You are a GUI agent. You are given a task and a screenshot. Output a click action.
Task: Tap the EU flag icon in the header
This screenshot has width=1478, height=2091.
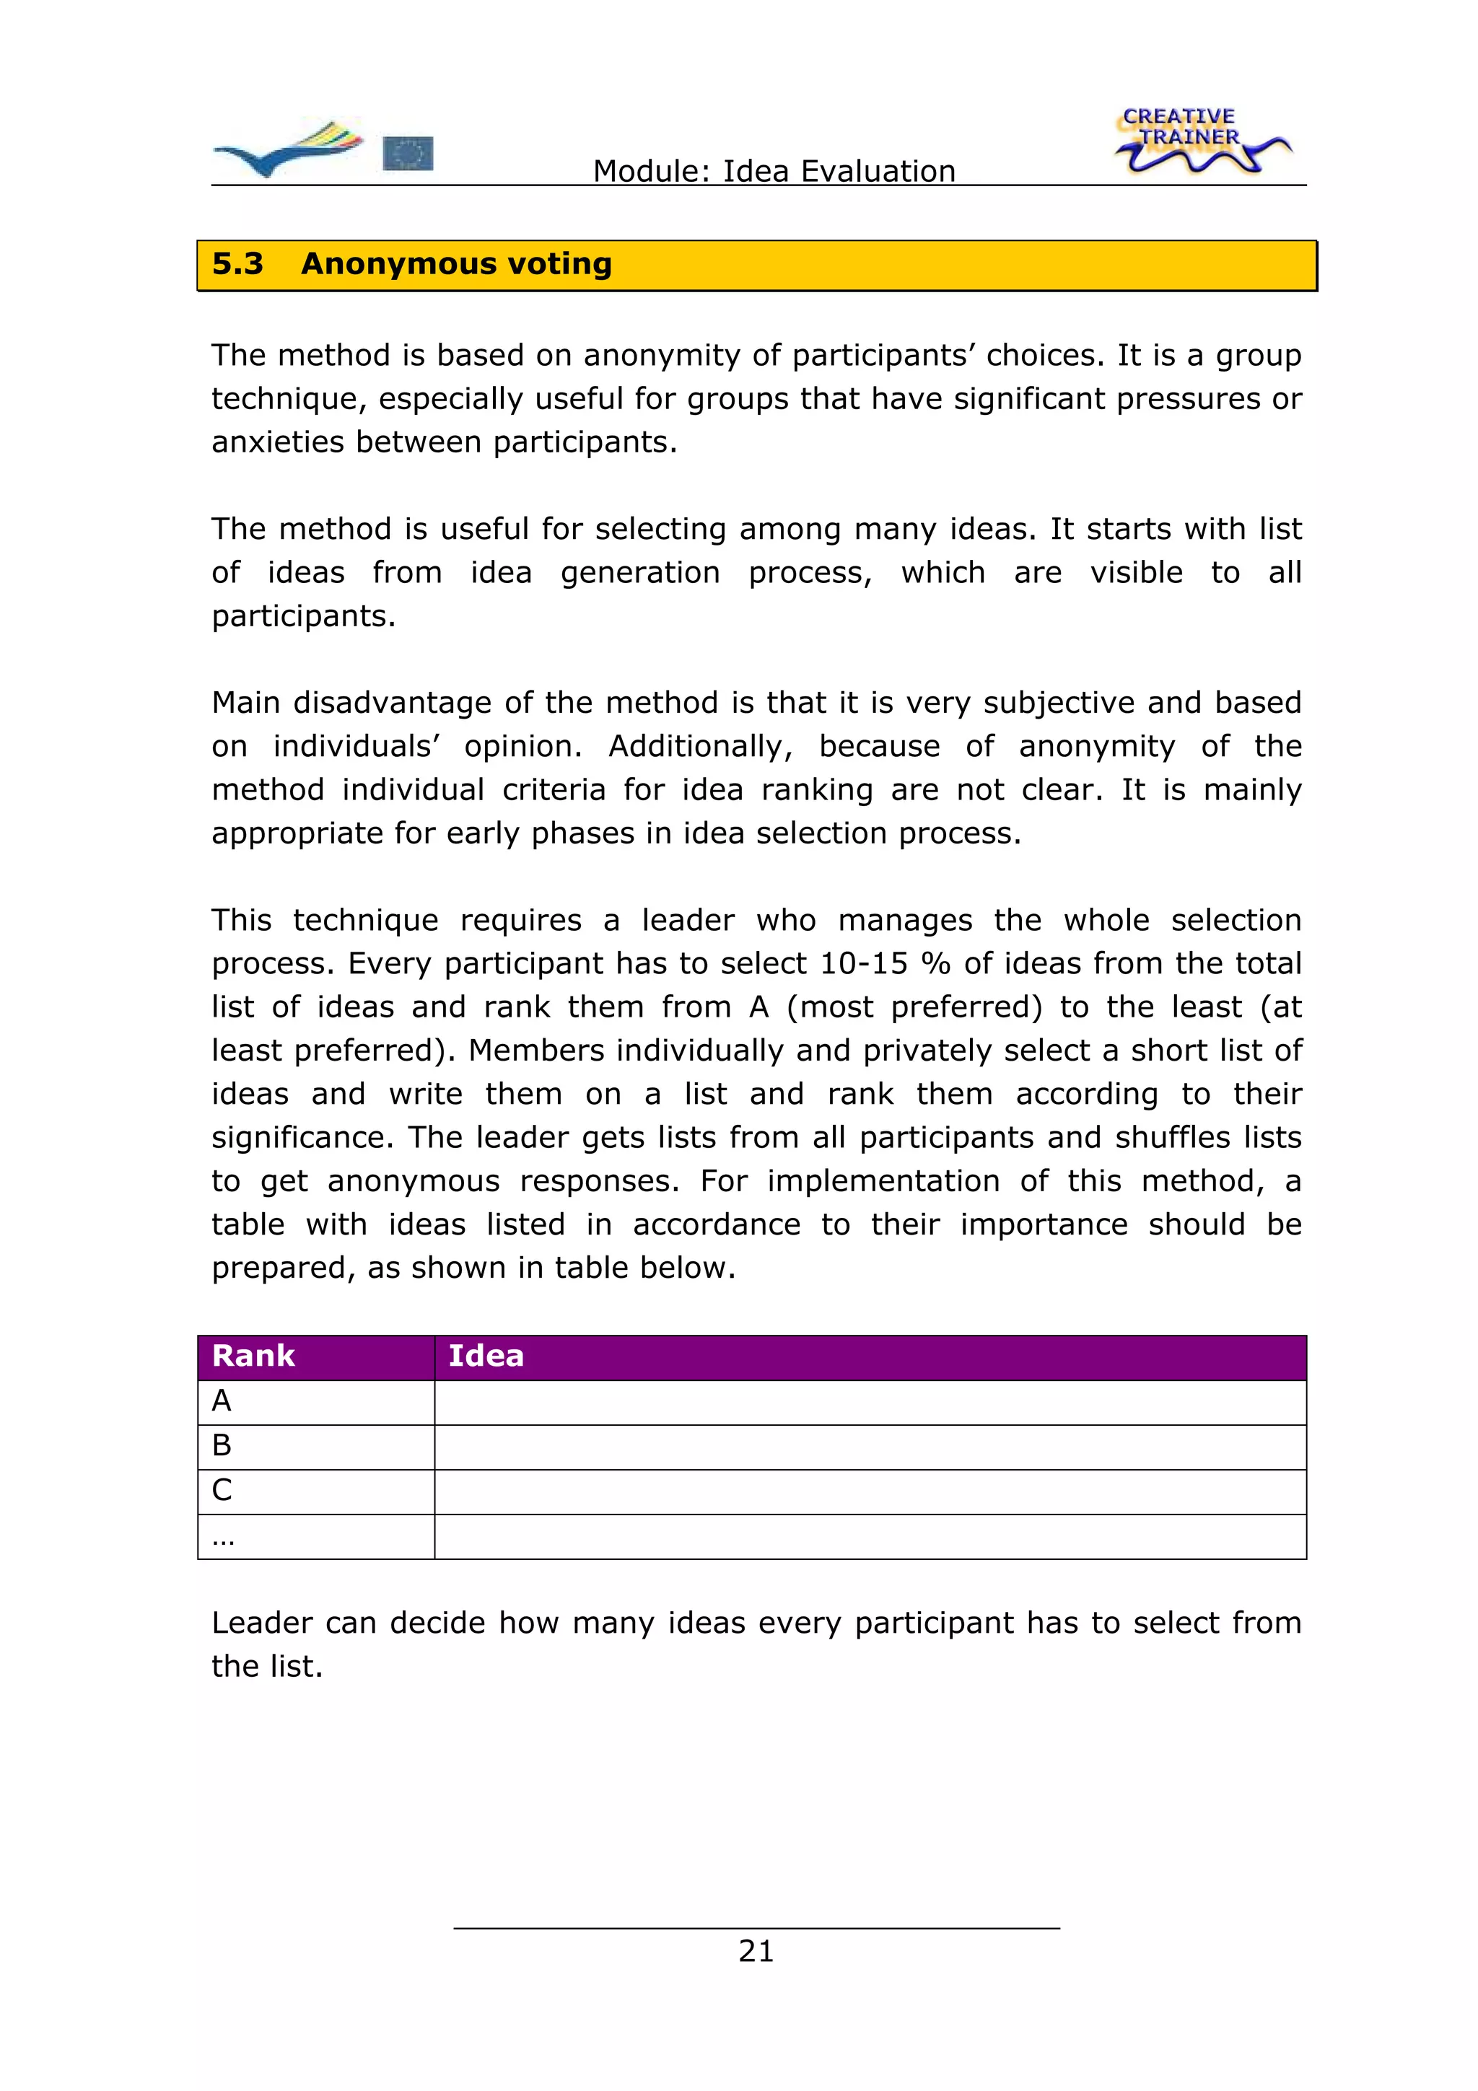coord(407,153)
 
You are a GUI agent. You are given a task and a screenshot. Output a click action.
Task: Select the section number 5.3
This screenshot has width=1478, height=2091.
coord(237,264)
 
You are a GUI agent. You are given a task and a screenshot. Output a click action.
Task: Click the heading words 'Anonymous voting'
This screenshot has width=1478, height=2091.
coord(456,264)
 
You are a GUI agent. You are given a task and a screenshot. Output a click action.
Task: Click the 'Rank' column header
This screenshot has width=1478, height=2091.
coord(253,1356)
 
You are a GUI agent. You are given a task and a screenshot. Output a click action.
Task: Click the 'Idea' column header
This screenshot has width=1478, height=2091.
coord(486,1356)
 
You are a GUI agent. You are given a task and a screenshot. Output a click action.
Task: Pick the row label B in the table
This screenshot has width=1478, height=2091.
coord(222,1446)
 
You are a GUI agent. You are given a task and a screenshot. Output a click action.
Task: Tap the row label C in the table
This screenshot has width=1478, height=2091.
coord(222,1491)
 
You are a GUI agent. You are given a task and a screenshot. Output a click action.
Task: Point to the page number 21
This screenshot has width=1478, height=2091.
coord(756,1951)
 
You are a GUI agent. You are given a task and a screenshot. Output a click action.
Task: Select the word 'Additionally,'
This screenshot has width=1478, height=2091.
coord(700,747)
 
